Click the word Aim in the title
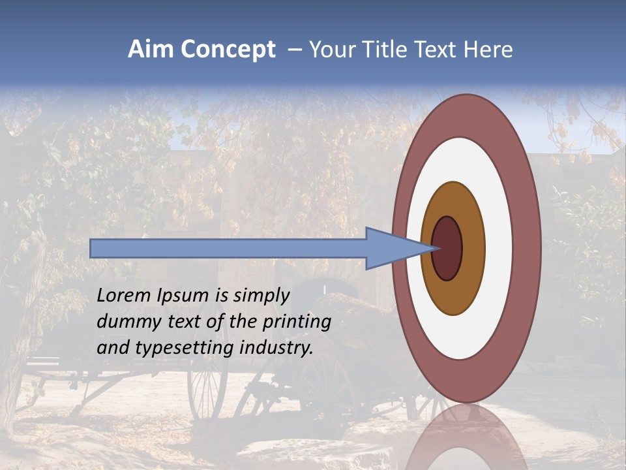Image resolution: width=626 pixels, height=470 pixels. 151,50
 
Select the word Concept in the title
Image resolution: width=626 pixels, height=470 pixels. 227,50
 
